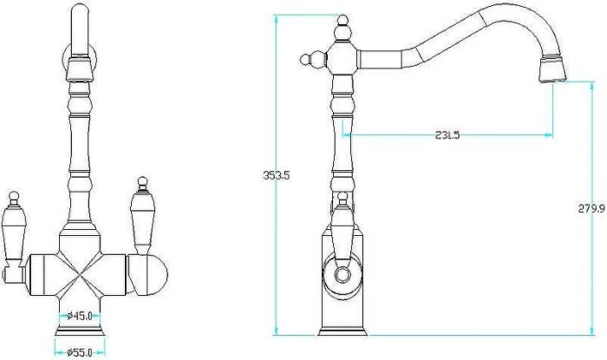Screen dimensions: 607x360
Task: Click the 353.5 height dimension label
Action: click(x=276, y=175)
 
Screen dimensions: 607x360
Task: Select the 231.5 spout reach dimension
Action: click(x=447, y=135)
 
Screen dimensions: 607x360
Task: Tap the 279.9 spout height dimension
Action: click(x=591, y=209)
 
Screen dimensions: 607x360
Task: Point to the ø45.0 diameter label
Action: click(x=80, y=316)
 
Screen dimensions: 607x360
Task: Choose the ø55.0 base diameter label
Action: click(x=80, y=353)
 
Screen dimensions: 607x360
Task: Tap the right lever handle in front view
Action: click(x=142, y=216)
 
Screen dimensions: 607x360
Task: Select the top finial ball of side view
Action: click(x=343, y=19)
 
